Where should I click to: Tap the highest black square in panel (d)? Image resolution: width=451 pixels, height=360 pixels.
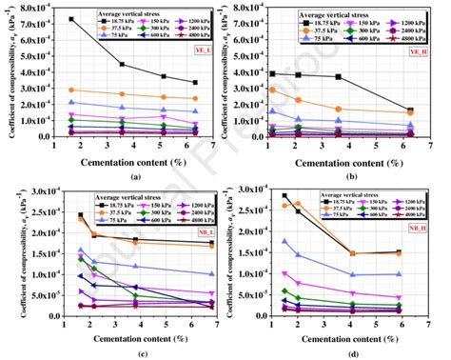click(284, 196)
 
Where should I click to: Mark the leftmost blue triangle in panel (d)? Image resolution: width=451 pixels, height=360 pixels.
click(284, 241)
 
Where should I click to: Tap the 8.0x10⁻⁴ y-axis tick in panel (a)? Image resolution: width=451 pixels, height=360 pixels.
click(33, 9)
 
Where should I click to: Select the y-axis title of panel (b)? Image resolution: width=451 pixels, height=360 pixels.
click(232, 72)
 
